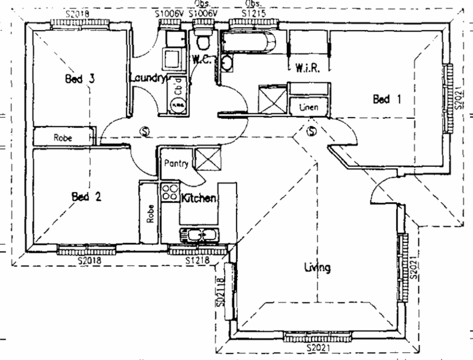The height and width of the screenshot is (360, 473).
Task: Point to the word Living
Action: (x=317, y=268)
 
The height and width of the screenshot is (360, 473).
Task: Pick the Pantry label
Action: (x=176, y=163)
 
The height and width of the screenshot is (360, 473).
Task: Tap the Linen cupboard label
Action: (x=307, y=107)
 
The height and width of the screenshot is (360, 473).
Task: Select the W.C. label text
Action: (x=200, y=59)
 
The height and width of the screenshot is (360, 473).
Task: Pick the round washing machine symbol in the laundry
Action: (x=178, y=105)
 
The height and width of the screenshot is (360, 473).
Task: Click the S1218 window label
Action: (x=197, y=261)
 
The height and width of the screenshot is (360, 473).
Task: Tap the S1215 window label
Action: (x=252, y=11)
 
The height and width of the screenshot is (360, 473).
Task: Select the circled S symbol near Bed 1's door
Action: (x=311, y=131)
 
